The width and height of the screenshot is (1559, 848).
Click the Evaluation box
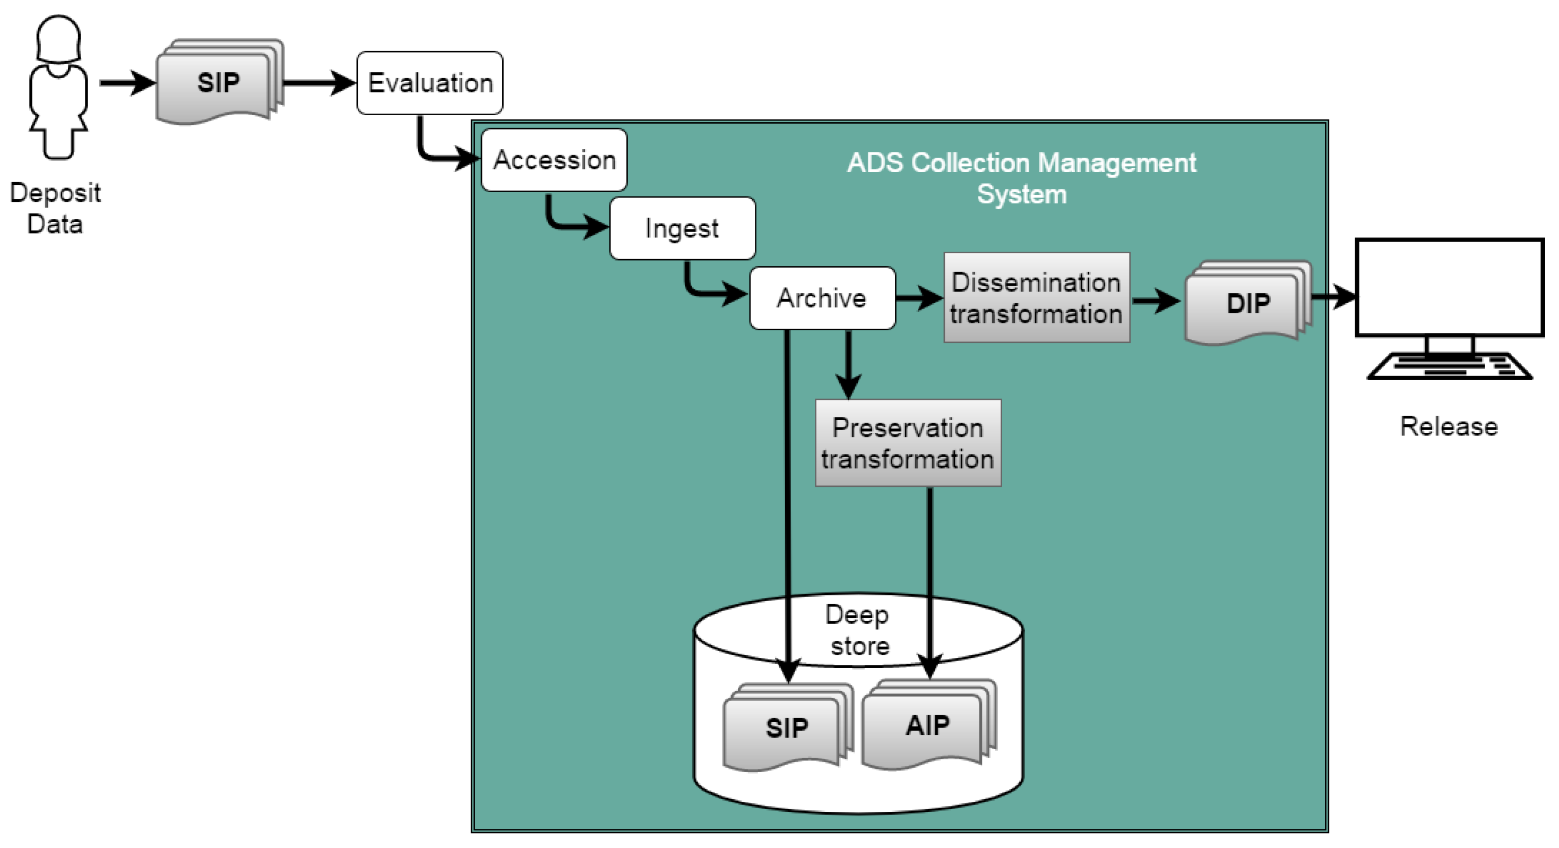pyautogui.click(x=429, y=83)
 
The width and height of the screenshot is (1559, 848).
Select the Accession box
pyautogui.click(x=554, y=160)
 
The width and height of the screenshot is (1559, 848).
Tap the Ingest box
pyautogui.click(x=682, y=228)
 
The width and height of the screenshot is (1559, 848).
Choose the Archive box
pyautogui.click(x=822, y=298)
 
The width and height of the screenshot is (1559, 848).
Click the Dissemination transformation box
pyautogui.click(x=1037, y=298)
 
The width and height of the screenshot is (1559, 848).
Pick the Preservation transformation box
pyautogui.click(x=908, y=443)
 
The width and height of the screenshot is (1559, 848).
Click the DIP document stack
pyautogui.click(x=1248, y=303)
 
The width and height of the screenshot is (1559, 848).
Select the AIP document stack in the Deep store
pyautogui.click(x=929, y=724)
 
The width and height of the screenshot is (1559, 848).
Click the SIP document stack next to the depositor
pyautogui.click(x=220, y=82)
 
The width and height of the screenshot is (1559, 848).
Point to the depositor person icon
pyautogui.click(x=58, y=87)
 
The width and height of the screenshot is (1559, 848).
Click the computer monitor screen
pyautogui.click(x=1450, y=287)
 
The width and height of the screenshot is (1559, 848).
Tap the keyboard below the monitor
pyautogui.click(x=1450, y=367)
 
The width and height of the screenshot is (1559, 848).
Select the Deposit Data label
pyautogui.click(x=55, y=208)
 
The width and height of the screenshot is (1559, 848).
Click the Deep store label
pyautogui.click(x=858, y=630)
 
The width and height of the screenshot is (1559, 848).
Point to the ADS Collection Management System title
pyautogui.click(x=1022, y=178)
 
